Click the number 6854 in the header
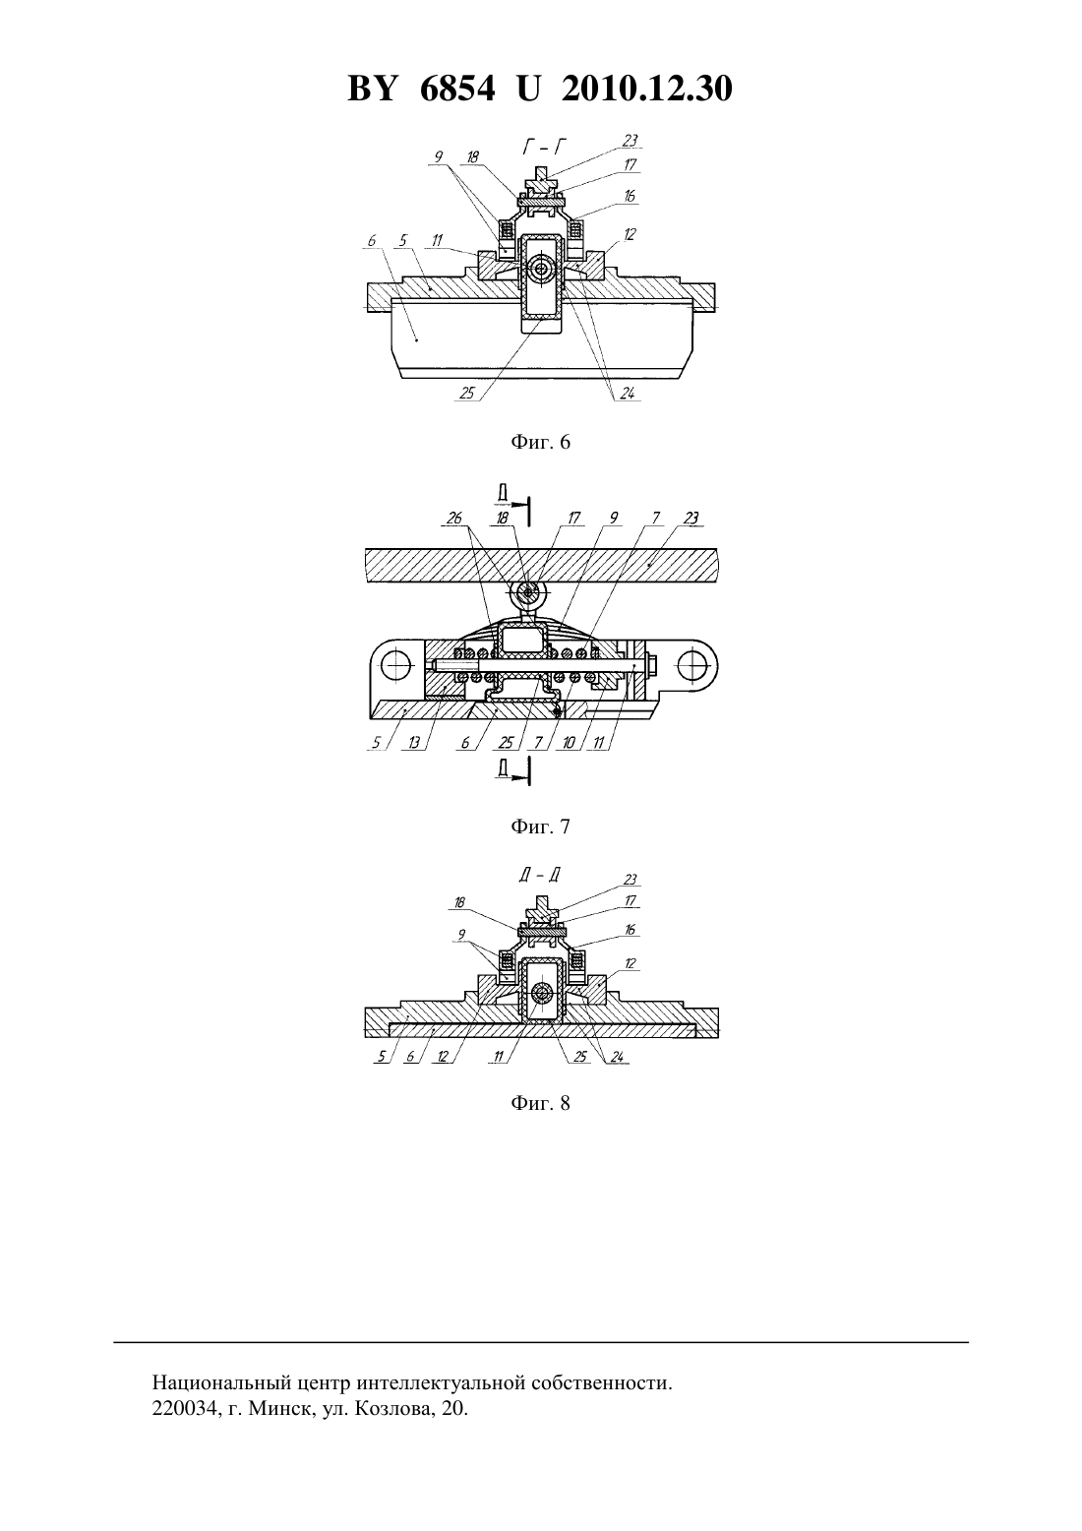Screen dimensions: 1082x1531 click(457, 89)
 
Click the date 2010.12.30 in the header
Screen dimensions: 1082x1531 click(647, 89)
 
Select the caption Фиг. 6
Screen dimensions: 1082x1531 click(540, 442)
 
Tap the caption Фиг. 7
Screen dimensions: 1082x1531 click(540, 827)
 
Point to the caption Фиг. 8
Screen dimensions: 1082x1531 click(540, 1103)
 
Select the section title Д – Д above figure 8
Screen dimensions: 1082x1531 click(540, 876)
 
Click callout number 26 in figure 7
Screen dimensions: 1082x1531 click(454, 519)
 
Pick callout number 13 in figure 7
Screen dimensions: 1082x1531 click(415, 743)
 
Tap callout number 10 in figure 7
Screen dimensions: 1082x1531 click(569, 743)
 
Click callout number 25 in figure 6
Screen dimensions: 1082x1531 click(467, 394)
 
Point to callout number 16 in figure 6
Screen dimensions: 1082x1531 click(630, 196)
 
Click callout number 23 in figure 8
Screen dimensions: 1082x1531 click(630, 881)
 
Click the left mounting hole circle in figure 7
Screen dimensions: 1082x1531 click(396, 663)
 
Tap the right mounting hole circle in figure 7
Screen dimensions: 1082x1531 click(692, 663)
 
